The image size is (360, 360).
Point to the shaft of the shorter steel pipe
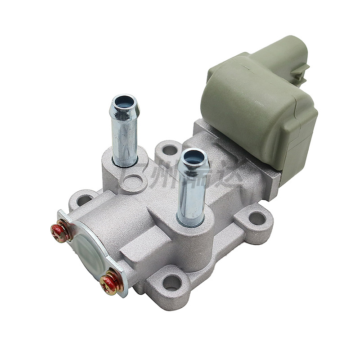(192, 193)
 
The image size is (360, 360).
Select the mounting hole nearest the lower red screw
(171, 283)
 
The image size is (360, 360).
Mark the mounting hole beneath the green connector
(256, 219)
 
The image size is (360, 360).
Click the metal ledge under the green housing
(252, 175)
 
